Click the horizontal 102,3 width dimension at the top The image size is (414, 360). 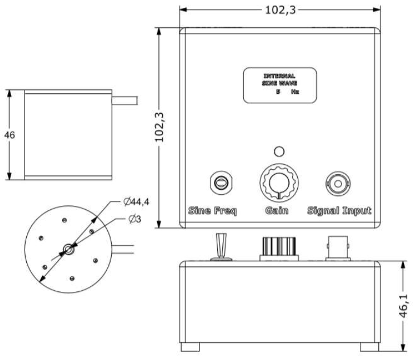coord(279,9)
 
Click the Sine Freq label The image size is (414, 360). coord(213,211)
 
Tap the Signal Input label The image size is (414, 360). coord(340,211)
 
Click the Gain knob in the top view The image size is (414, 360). coord(279,182)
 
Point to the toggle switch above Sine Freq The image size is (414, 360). coord(220,182)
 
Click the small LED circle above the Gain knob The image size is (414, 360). coord(279,151)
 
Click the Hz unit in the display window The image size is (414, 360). coord(294,92)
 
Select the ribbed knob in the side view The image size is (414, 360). coord(279,248)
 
